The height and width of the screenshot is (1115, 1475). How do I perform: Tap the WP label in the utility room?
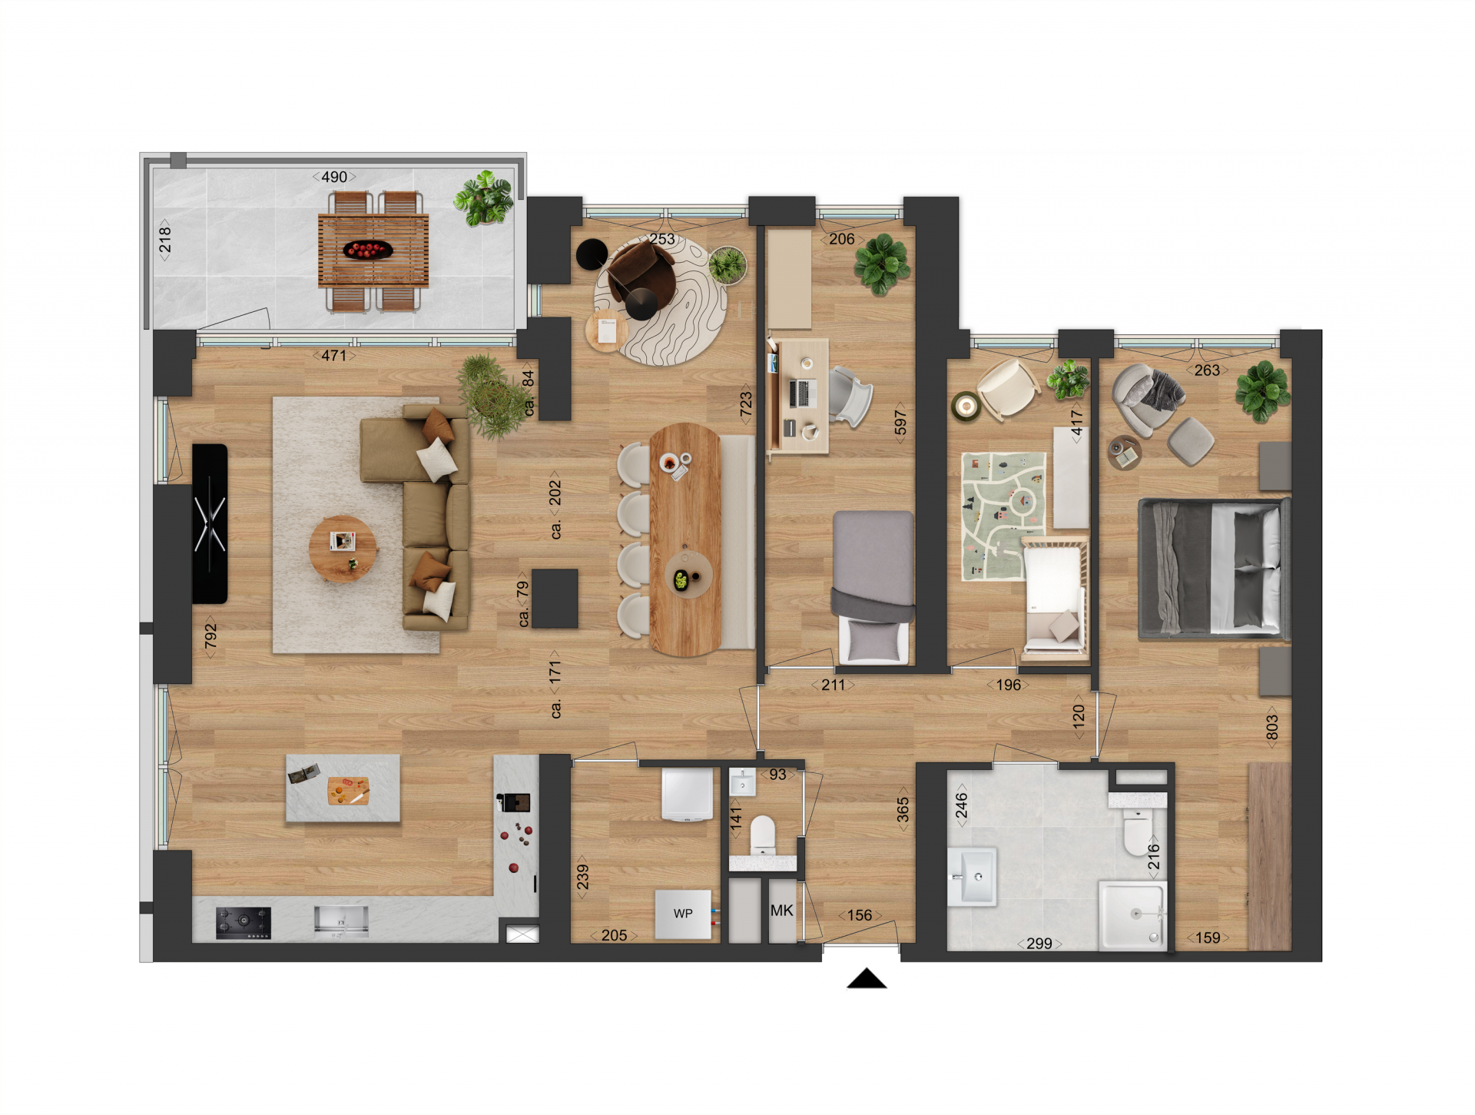coord(683,914)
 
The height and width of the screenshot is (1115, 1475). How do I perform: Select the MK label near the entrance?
coord(782,911)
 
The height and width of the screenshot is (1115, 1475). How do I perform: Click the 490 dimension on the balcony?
coord(334,177)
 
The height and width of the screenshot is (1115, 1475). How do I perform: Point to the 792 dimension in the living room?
coord(210,635)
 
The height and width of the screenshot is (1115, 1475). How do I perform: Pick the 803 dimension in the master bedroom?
coord(1272,727)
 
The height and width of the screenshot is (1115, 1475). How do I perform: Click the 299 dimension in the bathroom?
coord(1039,944)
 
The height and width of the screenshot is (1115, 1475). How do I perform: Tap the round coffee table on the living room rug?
coord(343,549)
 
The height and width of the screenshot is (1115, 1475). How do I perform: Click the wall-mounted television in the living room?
coord(210,523)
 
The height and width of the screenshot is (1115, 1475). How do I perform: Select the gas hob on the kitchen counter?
coord(244,923)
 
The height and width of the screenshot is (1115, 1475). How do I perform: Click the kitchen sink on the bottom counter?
coord(341,921)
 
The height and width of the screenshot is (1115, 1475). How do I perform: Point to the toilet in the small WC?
coord(763,835)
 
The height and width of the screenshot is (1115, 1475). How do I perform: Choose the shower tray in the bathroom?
coord(1132,914)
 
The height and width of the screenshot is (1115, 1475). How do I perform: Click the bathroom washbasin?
coord(973,877)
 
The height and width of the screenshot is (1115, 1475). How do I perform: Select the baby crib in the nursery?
coord(1055,598)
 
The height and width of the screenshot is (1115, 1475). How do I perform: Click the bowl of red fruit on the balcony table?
coord(368,250)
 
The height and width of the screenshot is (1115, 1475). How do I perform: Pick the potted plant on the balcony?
coord(484,198)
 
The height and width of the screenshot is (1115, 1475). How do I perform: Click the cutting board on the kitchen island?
coord(348,791)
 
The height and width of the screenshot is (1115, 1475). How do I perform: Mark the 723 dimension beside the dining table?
coord(746,404)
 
